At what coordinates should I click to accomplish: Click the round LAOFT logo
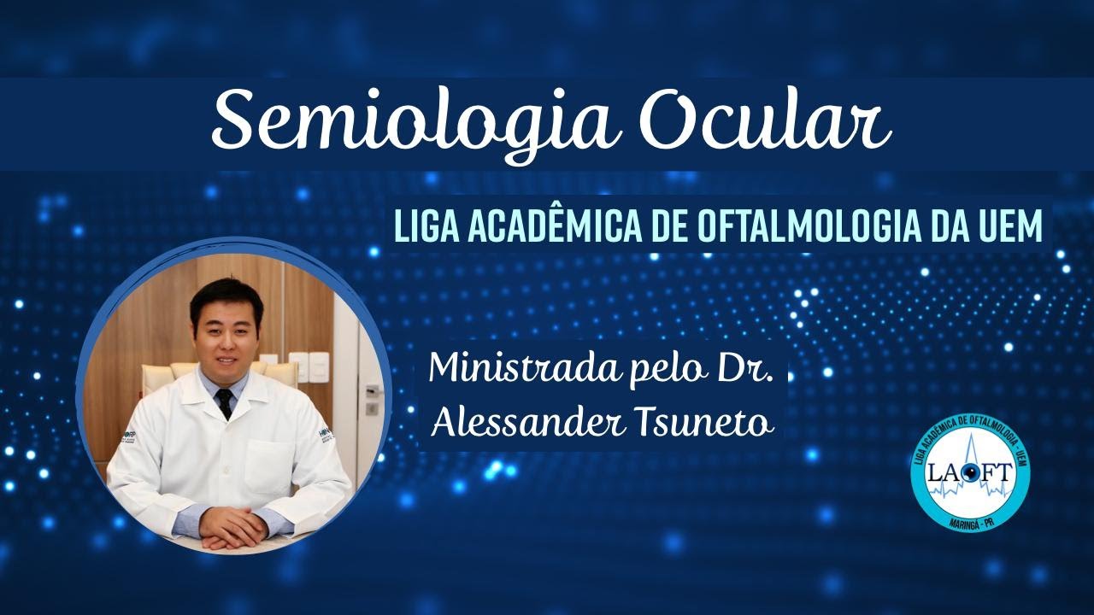(x=970, y=474)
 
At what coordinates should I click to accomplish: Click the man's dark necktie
(x=225, y=402)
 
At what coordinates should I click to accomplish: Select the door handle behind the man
(x=372, y=391)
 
